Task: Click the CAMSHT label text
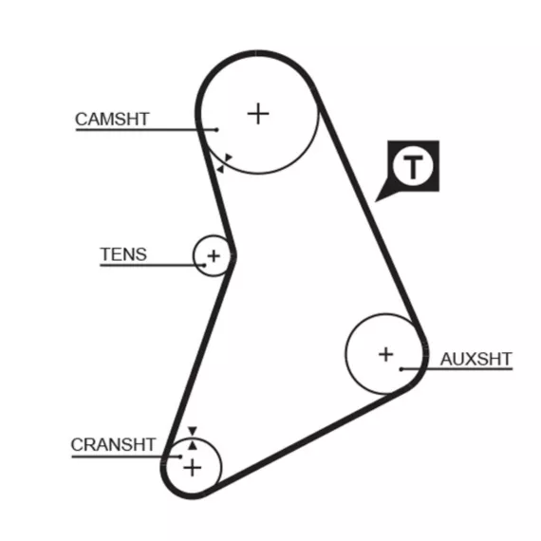coord(112,119)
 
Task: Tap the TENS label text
coord(123,254)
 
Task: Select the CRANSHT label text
coord(113,445)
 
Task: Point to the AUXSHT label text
coord(476,359)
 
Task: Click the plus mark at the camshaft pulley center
coord(258,114)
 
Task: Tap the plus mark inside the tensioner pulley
coord(214,256)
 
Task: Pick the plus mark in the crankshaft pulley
coord(193,468)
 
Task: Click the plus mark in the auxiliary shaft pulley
coord(386,354)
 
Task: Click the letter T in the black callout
coord(413,167)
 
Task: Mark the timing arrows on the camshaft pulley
coord(224,163)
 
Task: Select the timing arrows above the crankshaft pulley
coord(193,438)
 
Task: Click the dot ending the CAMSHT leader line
coord(216,130)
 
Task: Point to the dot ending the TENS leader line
coord(204,266)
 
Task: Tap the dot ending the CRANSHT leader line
coord(180,457)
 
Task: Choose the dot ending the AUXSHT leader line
coord(401,369)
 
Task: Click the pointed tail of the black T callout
coord(376,201)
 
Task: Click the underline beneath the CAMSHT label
coord(146,130)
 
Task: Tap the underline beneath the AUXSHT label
coord(457,369)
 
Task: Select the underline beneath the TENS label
coord(152,266)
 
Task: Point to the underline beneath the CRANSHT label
coord(126,457)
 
